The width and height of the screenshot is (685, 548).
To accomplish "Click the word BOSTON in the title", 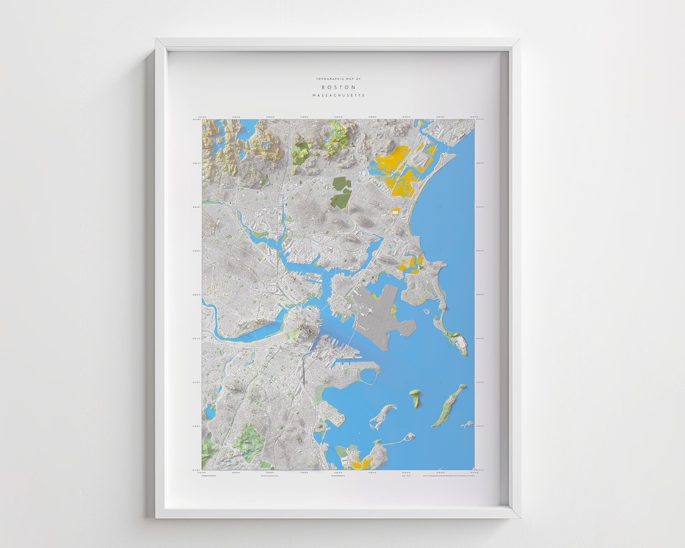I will point(338,87).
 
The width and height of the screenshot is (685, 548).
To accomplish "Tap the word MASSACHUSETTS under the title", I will point(338,95).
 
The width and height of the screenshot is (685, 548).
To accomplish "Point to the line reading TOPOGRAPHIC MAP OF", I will point(338,79).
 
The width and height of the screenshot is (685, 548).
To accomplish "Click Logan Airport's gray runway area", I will point(381,317).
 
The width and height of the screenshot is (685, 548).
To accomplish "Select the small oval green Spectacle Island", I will point(415,398).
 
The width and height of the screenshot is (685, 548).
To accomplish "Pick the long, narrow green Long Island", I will point(450,405).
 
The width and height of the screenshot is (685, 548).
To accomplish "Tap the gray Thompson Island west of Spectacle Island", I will point(382,417).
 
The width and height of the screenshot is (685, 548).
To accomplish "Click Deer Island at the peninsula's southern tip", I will point(460,344).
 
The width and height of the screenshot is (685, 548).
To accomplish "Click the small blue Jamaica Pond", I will point(210,412).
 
